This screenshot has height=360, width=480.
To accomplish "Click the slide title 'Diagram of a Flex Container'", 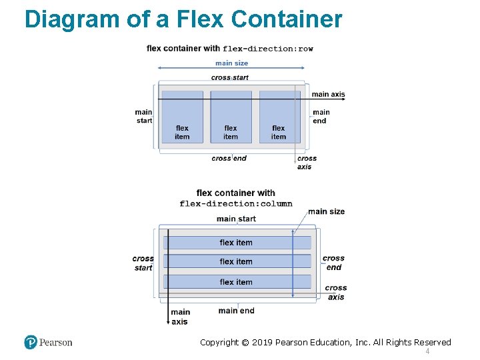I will [x=183, y=19].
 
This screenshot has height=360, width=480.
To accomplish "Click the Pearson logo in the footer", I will [x=48, y=342].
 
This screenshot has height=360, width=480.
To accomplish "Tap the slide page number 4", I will [x=427, y=351].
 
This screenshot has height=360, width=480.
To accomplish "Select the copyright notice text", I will [x=325, y=342].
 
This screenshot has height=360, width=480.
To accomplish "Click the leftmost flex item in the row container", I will [x=182, y=117].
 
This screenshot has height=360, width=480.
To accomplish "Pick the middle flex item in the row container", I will [x=231, y=117].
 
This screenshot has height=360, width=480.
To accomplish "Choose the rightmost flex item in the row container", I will [x=279, y=117].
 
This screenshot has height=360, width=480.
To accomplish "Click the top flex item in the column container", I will [x=236, y=242].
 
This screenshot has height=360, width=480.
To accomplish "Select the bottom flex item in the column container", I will [x=236, y=282].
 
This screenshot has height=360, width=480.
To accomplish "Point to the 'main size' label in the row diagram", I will [x=231, y=63].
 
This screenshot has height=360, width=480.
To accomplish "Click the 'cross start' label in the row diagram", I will [x=230, y=77].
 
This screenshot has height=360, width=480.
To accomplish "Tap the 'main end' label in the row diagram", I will [x=321, y=116].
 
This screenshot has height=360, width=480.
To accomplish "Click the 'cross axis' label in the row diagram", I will [x=306, y=163].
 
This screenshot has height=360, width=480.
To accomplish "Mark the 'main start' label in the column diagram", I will [x=236, y=219].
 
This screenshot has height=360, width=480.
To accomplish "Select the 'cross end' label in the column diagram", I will [x=333, y=263].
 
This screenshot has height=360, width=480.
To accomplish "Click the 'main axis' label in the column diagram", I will [x=180, y=317].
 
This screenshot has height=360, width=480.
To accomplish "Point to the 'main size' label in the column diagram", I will [x=327, y=211].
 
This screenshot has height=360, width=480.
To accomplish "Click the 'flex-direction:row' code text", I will [x=268, y=49].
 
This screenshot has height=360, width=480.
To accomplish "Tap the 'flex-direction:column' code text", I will [x=236, y=204].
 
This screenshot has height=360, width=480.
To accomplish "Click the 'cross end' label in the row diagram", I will [x=229, y=158].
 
